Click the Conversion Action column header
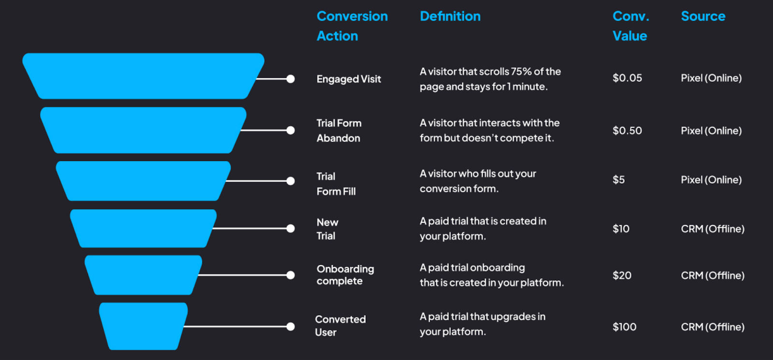tap(352, 26)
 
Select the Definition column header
tap(450, 16)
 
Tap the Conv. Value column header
tap(630, 26)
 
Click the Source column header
tap(703, 16)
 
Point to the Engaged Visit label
tap(348, 79)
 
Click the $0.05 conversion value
tap(627, 78)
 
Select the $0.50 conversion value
tap(627, 130)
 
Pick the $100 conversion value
tap(624, 327)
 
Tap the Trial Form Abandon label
tap(339, 130)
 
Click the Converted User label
tap(340, 326)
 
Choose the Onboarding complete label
tap(345, 275)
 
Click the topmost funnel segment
tap(143, 76)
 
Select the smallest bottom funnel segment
tap(143, 326)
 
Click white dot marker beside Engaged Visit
tap(290, 79)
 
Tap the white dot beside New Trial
tap(290, 229)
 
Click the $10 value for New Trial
tap(621, 229)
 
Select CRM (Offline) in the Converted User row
tap(712, 327)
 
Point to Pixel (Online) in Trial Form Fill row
tap(711, 180)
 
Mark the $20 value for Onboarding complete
tap(622, 275)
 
